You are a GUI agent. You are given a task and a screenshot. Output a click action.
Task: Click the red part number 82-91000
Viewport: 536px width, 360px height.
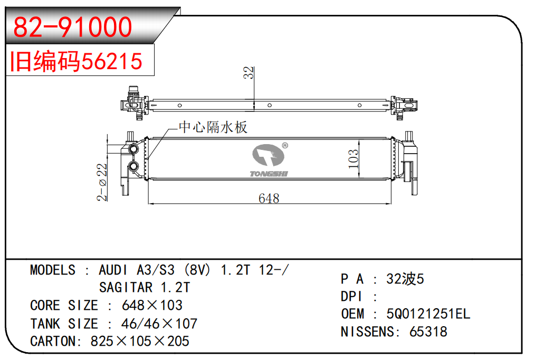point(72,27)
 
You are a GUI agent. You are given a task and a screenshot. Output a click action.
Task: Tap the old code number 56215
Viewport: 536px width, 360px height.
point(112,61)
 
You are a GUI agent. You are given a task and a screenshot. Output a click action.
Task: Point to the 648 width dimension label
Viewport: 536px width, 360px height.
point(269,198)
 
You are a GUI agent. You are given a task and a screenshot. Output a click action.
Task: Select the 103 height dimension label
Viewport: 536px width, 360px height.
point(353,159)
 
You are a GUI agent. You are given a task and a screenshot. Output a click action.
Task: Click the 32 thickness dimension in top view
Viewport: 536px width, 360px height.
point(248,73)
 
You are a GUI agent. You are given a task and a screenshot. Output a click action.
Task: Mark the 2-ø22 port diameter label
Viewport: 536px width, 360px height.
point(102,182)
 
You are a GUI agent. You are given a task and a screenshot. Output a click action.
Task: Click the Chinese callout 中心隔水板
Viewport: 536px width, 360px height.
point(213,127)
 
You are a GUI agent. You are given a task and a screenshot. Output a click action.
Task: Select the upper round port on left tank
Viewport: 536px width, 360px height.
point(133,149)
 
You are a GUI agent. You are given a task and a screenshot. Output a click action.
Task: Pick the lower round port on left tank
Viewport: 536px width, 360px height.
point(133,166)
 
